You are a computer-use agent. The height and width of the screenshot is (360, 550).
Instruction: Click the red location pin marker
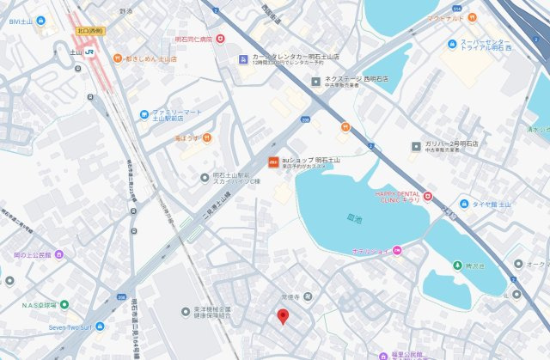click(284, 316)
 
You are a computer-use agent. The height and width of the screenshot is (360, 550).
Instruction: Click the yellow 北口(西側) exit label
click(89, 30)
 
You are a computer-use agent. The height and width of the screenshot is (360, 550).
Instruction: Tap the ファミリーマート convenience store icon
click(144, 113)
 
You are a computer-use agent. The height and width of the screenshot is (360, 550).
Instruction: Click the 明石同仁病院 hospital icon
click(220, 38)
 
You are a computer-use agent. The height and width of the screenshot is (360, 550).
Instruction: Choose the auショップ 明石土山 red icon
click(272, 162)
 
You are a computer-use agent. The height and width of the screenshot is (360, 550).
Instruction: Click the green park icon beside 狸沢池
click(457, 265)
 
